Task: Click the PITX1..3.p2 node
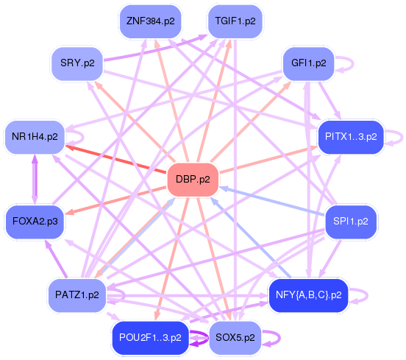pyautogui.click(x=350, y=137)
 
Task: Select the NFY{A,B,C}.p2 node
pyautogui.click(x=308, y=294)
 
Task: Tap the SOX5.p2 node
pyautogui.click(x=235, y=339)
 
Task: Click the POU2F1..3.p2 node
pyautogui.click(x=150, y=339)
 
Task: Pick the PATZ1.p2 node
pyautogui.click(x=76, y=294)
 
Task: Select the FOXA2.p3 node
pyautogui.click(x=35, y=220)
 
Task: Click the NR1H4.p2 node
pyautogui.click(x=35, y=137)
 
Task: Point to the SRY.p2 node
pyautogui.click(x=77, y=63)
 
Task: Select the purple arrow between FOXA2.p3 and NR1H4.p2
pyautogui.click(x=35, y=179)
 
